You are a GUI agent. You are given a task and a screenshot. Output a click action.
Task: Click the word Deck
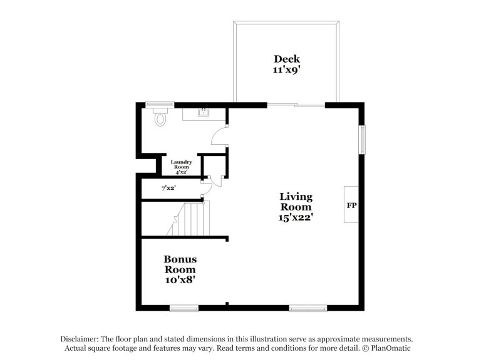click(x=286, y=59)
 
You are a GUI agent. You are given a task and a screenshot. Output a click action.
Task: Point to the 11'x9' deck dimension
click(x=286, y=70)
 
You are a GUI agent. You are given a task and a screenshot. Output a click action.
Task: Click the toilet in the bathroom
click(x=160, y=117)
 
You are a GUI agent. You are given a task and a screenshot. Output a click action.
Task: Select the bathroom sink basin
click(x=203, y=113)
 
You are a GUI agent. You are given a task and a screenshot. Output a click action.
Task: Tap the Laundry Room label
click(x=182, y=165)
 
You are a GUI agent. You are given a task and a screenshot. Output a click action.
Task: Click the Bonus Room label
click(x=180, y=264)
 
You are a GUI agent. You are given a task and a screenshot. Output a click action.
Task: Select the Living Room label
click(x=296, y=202)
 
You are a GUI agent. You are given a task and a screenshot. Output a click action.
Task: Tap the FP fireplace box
click(x=351, y=204)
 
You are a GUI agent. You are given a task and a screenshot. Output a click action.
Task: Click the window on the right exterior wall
click(x=361, y=139)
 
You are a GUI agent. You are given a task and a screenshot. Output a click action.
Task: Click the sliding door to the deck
click(x=296, y=105)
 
